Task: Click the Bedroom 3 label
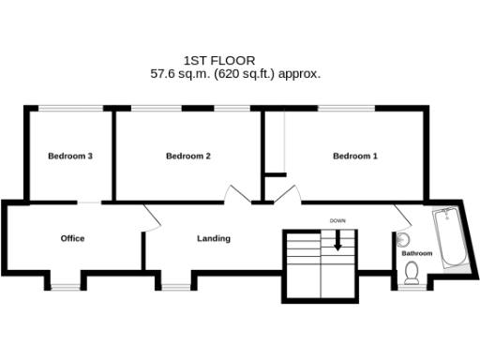pos(69,157)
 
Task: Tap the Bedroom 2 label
pos(187,157)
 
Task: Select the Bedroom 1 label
pos(355,157)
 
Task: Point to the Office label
pos(72,238)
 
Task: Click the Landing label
pos(214,238)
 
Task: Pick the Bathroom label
pos(417,253)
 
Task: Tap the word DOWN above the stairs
pos(337,220)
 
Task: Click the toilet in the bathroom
pos(412,274)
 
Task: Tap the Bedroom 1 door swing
pos(290,194)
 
